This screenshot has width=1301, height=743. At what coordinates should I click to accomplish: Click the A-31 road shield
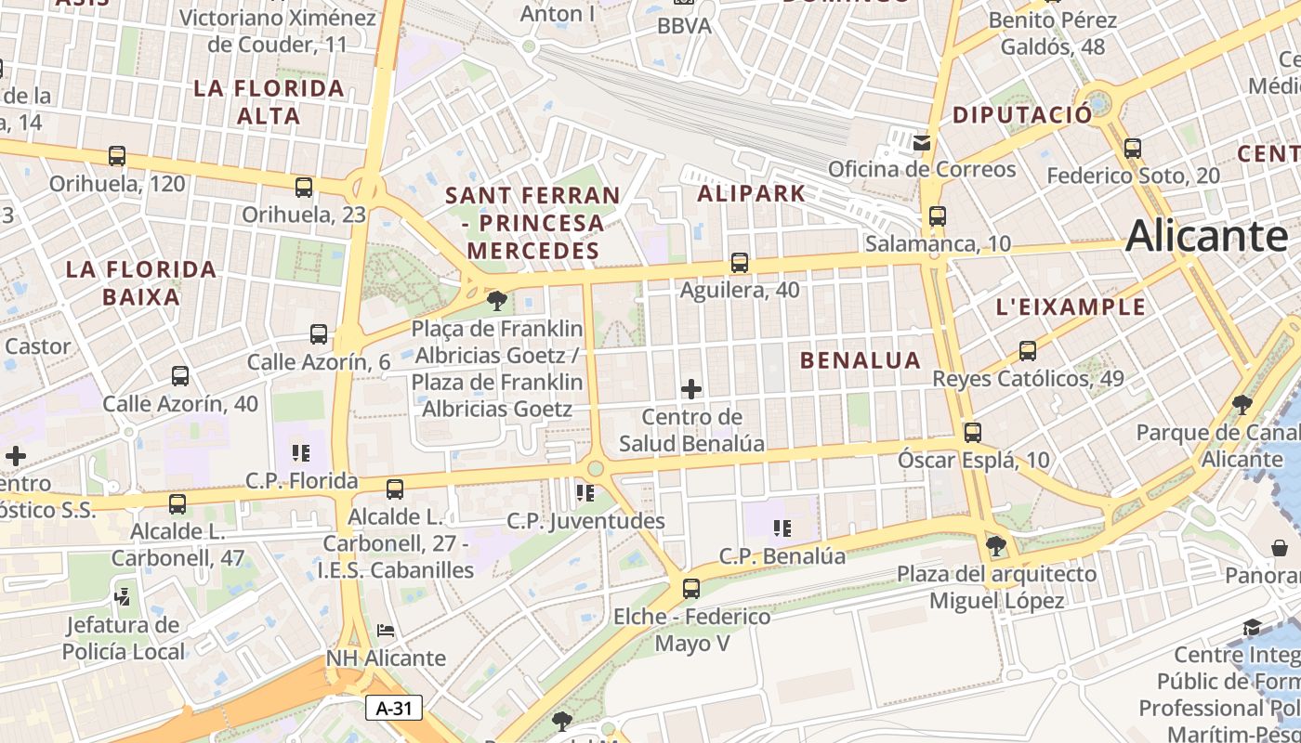[394, 708]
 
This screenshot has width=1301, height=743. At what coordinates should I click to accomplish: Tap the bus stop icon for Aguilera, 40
[740, 263]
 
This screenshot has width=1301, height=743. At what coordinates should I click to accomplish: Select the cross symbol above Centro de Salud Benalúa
[691, 389]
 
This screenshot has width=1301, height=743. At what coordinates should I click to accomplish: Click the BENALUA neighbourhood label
[861, 360]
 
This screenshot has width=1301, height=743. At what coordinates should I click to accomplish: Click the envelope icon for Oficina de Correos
[921, 142]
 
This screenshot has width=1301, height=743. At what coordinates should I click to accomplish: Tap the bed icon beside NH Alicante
[386, 631]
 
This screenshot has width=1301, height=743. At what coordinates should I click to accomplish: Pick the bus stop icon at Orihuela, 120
[117, 156]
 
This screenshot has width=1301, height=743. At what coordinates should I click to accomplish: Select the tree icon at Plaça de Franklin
[497, 300]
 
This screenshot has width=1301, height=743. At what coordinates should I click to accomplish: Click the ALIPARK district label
[751, 194]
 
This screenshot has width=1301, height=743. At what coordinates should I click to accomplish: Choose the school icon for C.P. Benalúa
[782, 528]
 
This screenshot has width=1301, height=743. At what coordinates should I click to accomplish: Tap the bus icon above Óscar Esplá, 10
[973, 432]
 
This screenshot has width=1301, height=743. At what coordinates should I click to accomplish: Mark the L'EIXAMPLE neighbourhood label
[1071, 307]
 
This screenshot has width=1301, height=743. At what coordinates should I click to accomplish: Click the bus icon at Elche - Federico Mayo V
[691, 588]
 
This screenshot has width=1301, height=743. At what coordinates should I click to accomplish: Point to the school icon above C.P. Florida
[301, 453]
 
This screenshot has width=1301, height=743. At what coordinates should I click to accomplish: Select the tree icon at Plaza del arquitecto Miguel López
[996, 545]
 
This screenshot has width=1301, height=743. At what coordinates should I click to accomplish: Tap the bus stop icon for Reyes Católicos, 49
[1028, 351]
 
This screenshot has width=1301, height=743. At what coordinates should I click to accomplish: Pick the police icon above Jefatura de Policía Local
[122, 595]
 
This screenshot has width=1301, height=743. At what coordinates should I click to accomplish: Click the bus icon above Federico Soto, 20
[1133, 148]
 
